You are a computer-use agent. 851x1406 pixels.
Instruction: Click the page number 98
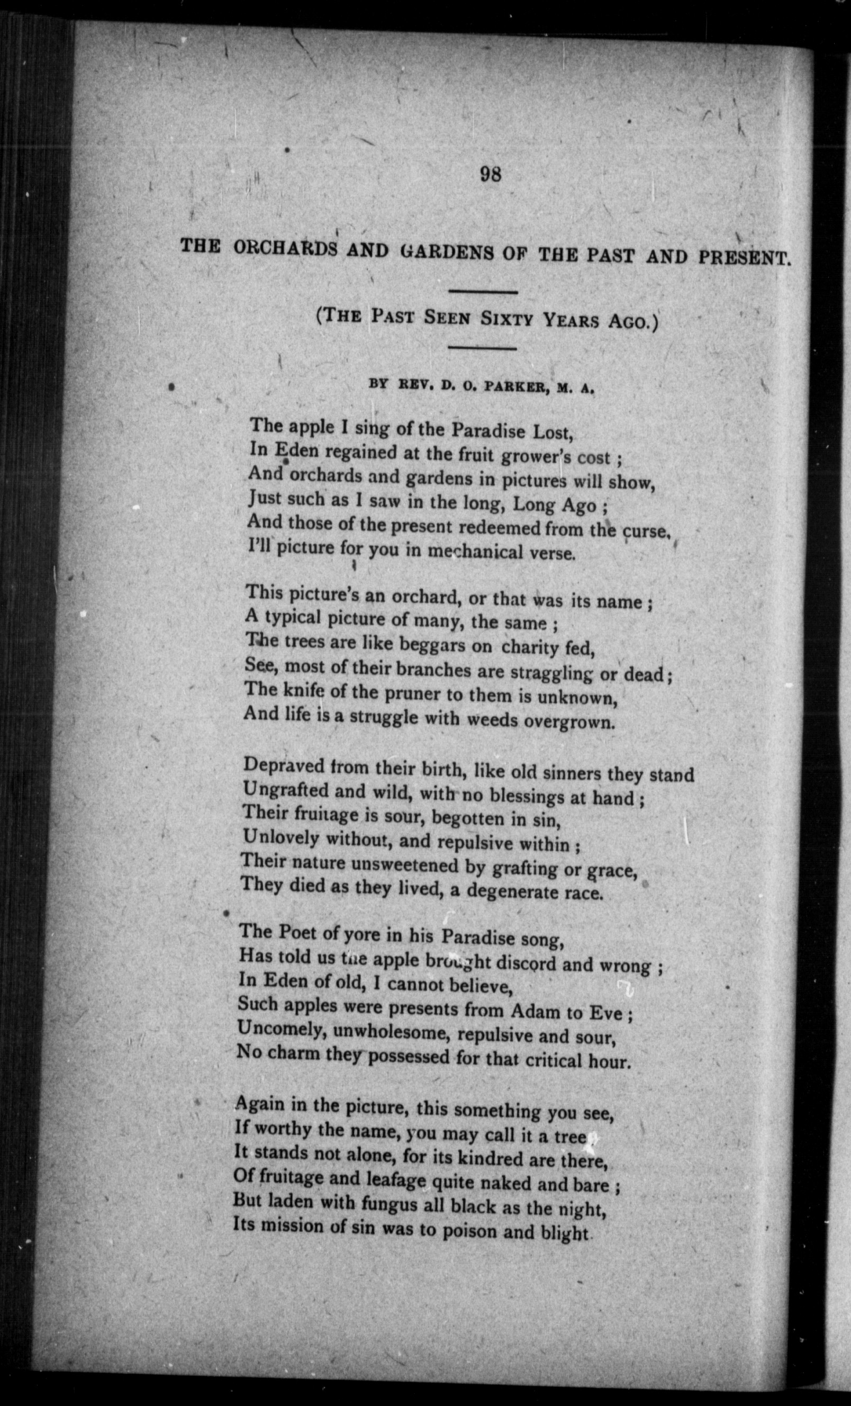pos(491,174)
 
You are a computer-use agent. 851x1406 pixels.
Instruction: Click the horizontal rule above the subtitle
pos(483,293)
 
